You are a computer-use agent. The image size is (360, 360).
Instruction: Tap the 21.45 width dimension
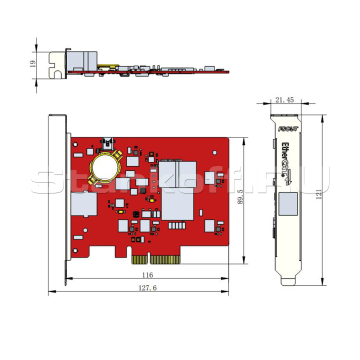[284, 98]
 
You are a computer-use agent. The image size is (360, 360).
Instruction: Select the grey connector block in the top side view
[78, 62]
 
